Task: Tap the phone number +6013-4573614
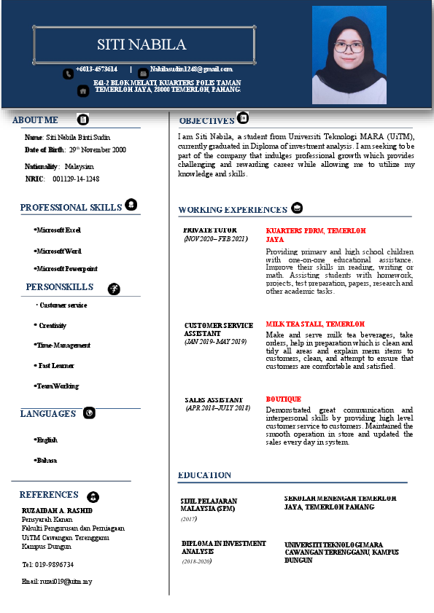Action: [x=96, y=69]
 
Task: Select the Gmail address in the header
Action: [x=191, y=69]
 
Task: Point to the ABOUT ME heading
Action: [x=35, y=120]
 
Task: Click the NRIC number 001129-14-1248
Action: [x=76, y=179]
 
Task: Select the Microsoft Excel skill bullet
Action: [x=58, y=230]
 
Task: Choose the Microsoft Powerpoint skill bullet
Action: [x=66, y=269]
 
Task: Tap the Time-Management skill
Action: [x=63, y=345]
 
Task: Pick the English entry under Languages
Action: [x=47, y=440]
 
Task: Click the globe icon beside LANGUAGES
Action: [x=89, y=413]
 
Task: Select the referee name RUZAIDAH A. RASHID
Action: [x=58, y=509]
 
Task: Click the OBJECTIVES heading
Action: [x=206, y=121]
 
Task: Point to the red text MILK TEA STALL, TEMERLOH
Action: [x=315, y=324]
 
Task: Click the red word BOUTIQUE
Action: [x=283, y=399]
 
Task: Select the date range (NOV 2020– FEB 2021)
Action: [x=216, y=239]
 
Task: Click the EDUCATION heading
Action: [x=204, y=475]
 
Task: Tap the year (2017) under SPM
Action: [x=188, y=519]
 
